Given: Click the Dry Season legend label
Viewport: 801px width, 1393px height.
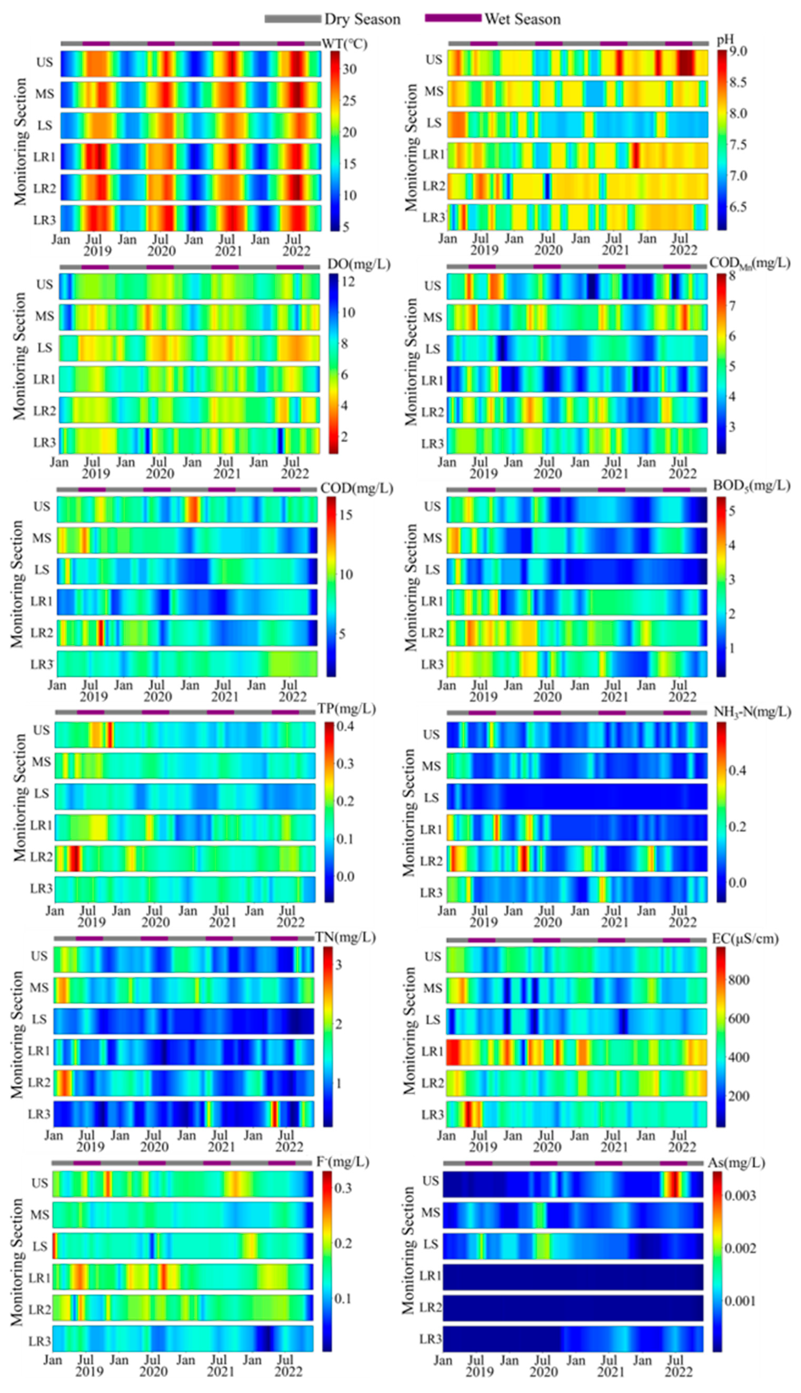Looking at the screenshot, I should pos(362,19).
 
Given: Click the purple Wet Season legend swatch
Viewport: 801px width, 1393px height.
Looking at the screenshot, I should pos(453,18).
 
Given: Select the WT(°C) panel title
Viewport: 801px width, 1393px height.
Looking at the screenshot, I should pos(344,44).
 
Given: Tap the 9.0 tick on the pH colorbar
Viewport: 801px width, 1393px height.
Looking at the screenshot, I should pos(738,52).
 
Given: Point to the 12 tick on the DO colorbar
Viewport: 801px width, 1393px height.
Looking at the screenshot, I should pos(348,282).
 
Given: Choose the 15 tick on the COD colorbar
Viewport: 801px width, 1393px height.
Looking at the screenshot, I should pos(345,515).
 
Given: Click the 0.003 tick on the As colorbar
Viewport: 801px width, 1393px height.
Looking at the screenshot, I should pos(740,1195).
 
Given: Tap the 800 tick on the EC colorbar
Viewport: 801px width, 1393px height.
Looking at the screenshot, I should pos(738,979).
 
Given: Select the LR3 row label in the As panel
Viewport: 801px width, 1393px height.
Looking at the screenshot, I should pos(430,1339).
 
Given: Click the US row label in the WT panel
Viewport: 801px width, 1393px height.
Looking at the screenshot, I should pos(45,62).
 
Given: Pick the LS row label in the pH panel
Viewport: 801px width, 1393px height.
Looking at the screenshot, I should pos(434,123).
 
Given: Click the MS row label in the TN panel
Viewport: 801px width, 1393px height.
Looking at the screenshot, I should pos(39,988).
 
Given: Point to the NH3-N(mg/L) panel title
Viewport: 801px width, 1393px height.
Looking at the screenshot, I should pos(751,712).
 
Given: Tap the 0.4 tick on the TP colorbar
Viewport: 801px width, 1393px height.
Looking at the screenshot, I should pos(344,726).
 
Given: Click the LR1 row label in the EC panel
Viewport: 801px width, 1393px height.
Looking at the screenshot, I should pos(433,1052).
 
